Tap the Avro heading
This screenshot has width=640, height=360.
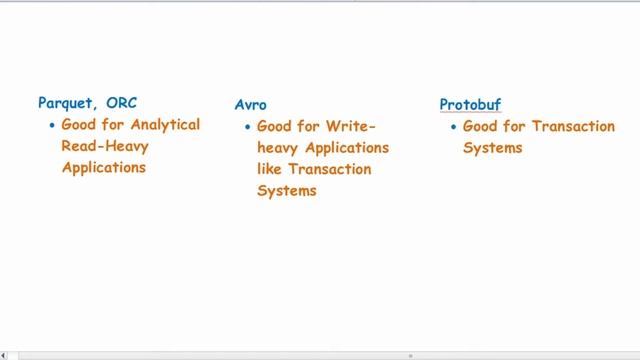[250, 104]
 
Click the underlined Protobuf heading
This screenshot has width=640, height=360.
[470, 104]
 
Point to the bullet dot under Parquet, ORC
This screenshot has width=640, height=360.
[50, 126]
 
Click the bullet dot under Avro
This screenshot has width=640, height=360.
[246, 127]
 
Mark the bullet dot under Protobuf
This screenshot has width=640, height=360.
[452, 127]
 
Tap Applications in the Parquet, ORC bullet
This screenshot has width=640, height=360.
[104, 167]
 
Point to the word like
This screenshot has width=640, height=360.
[270, 169]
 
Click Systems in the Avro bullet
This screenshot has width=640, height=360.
[287, 190]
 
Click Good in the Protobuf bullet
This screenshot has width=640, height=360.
[481, 127]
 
